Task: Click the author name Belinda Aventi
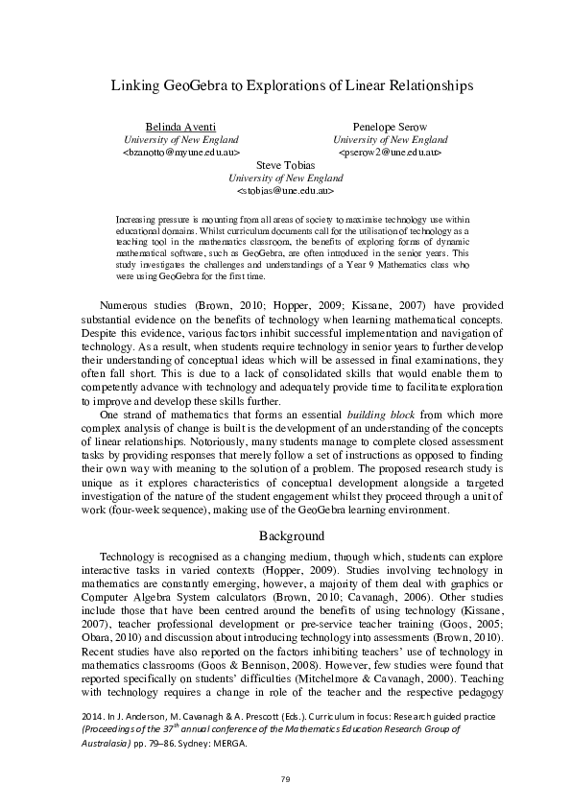[x=180, y=127]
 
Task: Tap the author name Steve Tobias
[x=285, y=165]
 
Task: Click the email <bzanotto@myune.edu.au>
[x=180, y=152]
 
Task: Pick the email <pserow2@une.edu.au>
[x=390, y=152]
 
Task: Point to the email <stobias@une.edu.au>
[x=285, y=190]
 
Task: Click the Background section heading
[x=285, y=535]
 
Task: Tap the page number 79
[x=285, y=777]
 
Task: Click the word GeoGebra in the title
[x=194, y=85]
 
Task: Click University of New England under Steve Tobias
[x=285, y=178]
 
